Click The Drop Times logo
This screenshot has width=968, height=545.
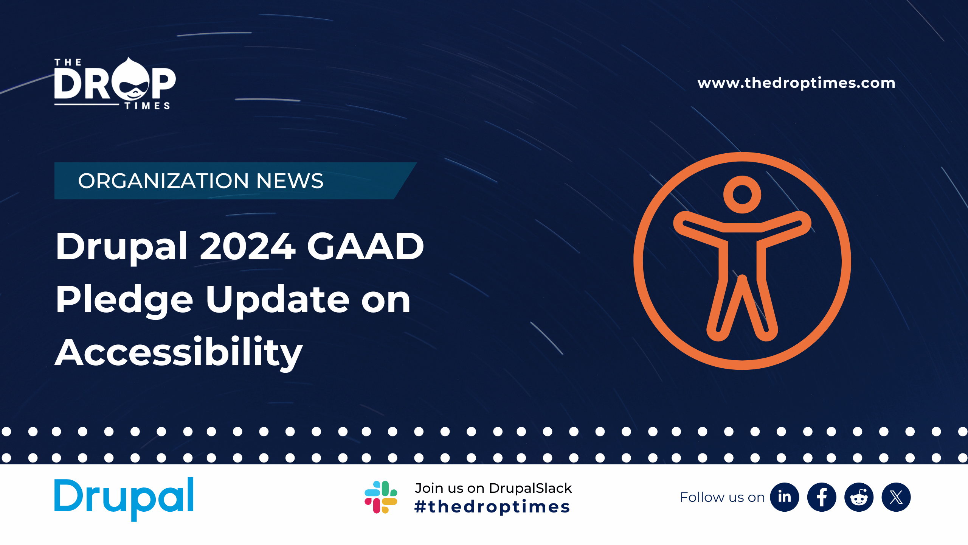click(x=115, y=83)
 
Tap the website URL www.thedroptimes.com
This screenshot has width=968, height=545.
click(x=796, y=83)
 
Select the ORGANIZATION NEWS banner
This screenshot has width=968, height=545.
click(x=235, y=181)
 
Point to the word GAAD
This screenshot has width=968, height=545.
click(x=365, y=246)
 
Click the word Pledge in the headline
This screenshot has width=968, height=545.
click(x=124, y=299)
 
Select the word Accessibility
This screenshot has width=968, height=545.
click(x=179, y=352)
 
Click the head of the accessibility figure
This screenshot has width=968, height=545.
click(x=742, y=195)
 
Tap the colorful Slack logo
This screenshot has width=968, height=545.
click(x=381, y=497)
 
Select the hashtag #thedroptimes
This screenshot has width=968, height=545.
click(x=492, y=507)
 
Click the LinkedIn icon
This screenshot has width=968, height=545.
click(x=785, y=497)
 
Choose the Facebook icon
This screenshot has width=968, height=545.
click(x=822, y=497)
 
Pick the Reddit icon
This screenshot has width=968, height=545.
click(x=859, y=497)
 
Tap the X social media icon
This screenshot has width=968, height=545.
click(x=896, y=497)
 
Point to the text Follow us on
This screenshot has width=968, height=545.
click(x=722, y=497)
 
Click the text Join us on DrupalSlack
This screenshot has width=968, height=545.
click(x=493, y=488)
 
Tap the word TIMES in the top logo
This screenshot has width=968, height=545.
click(x=147, y=106)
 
